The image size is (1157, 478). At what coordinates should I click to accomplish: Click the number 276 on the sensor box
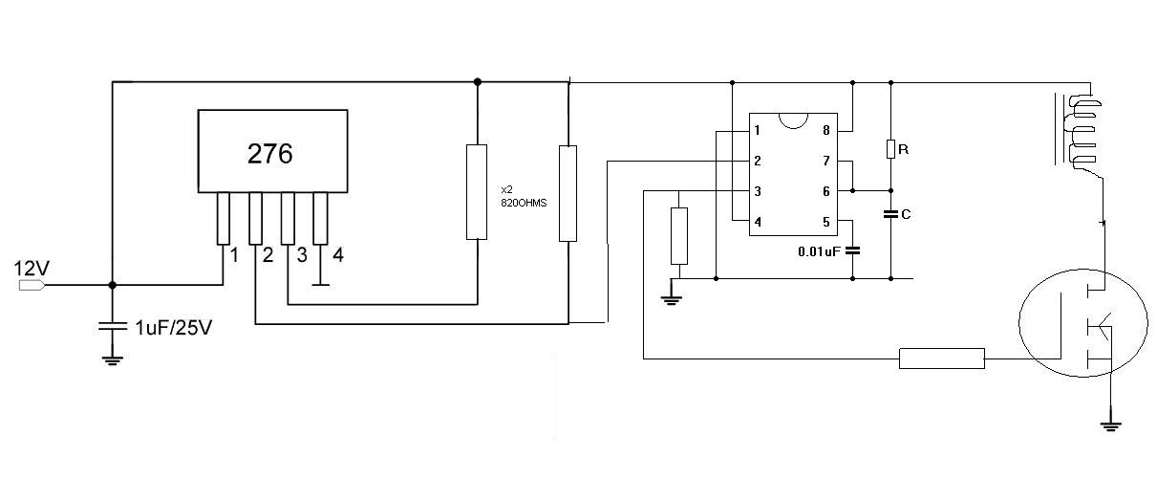[x=269, y=154]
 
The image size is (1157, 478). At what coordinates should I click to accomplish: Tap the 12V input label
[x=32, y=269]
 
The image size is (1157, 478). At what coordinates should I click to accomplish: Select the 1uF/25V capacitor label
[x=174, y=328]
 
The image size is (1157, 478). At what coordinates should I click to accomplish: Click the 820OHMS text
[x=524, y=203]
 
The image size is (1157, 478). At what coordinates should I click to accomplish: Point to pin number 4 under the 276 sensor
[x=338, y=254]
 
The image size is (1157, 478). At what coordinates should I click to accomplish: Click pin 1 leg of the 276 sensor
[x=224, y=219]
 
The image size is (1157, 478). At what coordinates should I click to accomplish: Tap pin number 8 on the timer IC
[x=825, y=130]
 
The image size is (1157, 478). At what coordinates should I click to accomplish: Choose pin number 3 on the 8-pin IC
[x=758, y=191]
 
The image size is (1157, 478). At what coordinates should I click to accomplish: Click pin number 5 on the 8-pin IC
[x=825, y=222]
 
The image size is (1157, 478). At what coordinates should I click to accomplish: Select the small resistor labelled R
[x=890, y=149]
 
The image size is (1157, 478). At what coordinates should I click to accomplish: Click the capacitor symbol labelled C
[x=890, y=213]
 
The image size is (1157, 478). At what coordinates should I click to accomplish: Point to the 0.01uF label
[x=819, y=251]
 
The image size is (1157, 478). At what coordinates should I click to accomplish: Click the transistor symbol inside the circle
[x=1084, y=323]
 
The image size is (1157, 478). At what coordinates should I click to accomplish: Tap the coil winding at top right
[x=1083, y=132]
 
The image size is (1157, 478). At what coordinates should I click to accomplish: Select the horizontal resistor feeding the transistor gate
[x=942, y=358]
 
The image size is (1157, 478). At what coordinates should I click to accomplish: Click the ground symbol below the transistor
[x=1110, y=426]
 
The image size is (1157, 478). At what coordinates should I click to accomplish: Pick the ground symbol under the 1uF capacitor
[x=112, y=360]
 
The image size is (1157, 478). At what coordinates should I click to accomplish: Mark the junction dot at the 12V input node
[x=112, y=285]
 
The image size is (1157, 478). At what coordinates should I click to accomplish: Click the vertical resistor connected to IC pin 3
[x=678, y=236]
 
